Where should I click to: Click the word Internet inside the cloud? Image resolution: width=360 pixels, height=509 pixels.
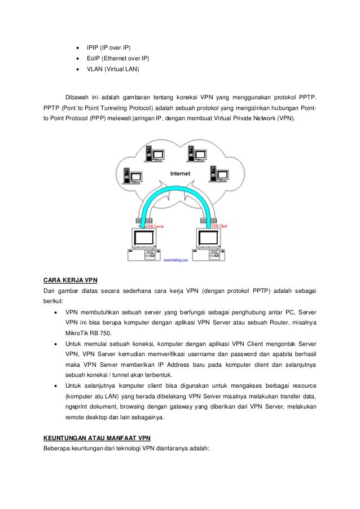(180, 174)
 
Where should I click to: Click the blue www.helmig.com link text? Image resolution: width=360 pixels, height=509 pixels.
(176, 261)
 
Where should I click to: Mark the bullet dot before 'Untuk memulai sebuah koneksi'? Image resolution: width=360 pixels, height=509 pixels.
(55, 344)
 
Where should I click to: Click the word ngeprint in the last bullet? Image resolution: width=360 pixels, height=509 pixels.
(77, 407)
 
